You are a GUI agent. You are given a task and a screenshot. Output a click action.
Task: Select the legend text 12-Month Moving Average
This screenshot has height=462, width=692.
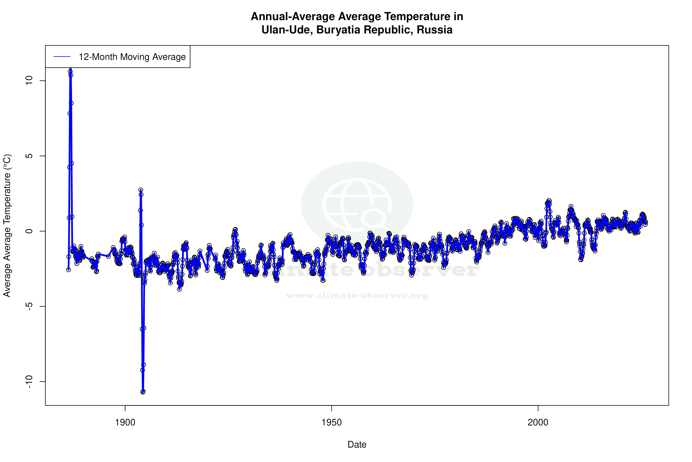(x=132, y=57)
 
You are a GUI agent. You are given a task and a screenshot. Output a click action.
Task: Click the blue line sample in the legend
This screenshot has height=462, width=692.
(x=62, y=57)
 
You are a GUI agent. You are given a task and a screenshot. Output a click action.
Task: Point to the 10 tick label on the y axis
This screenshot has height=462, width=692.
(x=29, y=81)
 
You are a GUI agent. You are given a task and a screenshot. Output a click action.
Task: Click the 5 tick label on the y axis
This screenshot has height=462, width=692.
(x=29, y=156)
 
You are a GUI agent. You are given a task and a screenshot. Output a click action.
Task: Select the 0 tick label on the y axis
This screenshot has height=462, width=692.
(x=29, y=231)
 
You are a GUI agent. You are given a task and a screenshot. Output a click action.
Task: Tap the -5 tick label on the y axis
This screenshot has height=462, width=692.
(x=29, y=306)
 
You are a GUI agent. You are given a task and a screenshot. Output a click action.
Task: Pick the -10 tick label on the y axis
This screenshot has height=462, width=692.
(x=29, y=382)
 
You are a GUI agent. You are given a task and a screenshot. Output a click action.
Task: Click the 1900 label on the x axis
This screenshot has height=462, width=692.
(x=125, y=422)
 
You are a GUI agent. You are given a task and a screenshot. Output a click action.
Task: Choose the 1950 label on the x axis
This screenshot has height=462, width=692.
(x=332, y=422)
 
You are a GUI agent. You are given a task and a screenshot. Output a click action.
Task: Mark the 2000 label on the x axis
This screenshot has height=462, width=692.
(x=538, y=422)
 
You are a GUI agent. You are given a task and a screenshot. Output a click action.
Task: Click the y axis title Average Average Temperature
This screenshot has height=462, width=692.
(x=7, y=225)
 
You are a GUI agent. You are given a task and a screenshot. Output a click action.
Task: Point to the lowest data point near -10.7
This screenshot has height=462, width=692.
(x=143, y=392)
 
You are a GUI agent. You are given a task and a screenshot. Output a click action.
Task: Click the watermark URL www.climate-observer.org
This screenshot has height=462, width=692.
(x=357, y=295)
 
